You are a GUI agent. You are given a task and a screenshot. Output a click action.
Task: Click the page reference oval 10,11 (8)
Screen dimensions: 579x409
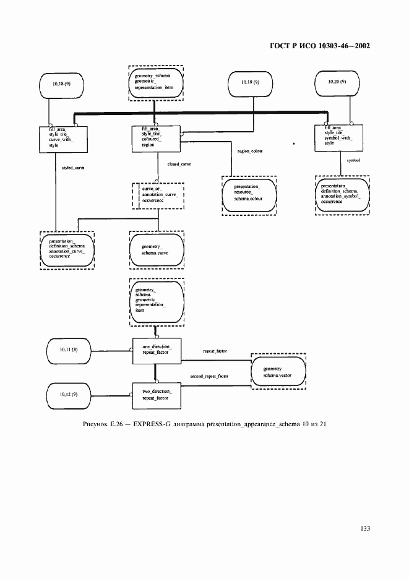click(68, 350)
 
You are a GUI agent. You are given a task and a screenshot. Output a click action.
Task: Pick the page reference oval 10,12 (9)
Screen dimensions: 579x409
click(68, 394)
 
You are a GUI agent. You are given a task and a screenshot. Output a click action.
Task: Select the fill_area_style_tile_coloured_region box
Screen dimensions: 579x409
click(156, 137)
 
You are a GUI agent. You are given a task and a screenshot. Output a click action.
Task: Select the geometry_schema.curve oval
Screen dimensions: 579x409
click(156, 250)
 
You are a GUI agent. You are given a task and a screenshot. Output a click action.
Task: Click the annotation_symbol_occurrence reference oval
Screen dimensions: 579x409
click(342, 194)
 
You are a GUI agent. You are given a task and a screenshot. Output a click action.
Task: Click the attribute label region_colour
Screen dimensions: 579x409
click(250, 151)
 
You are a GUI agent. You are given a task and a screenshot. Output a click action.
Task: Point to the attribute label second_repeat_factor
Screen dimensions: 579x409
click(209, 376)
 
